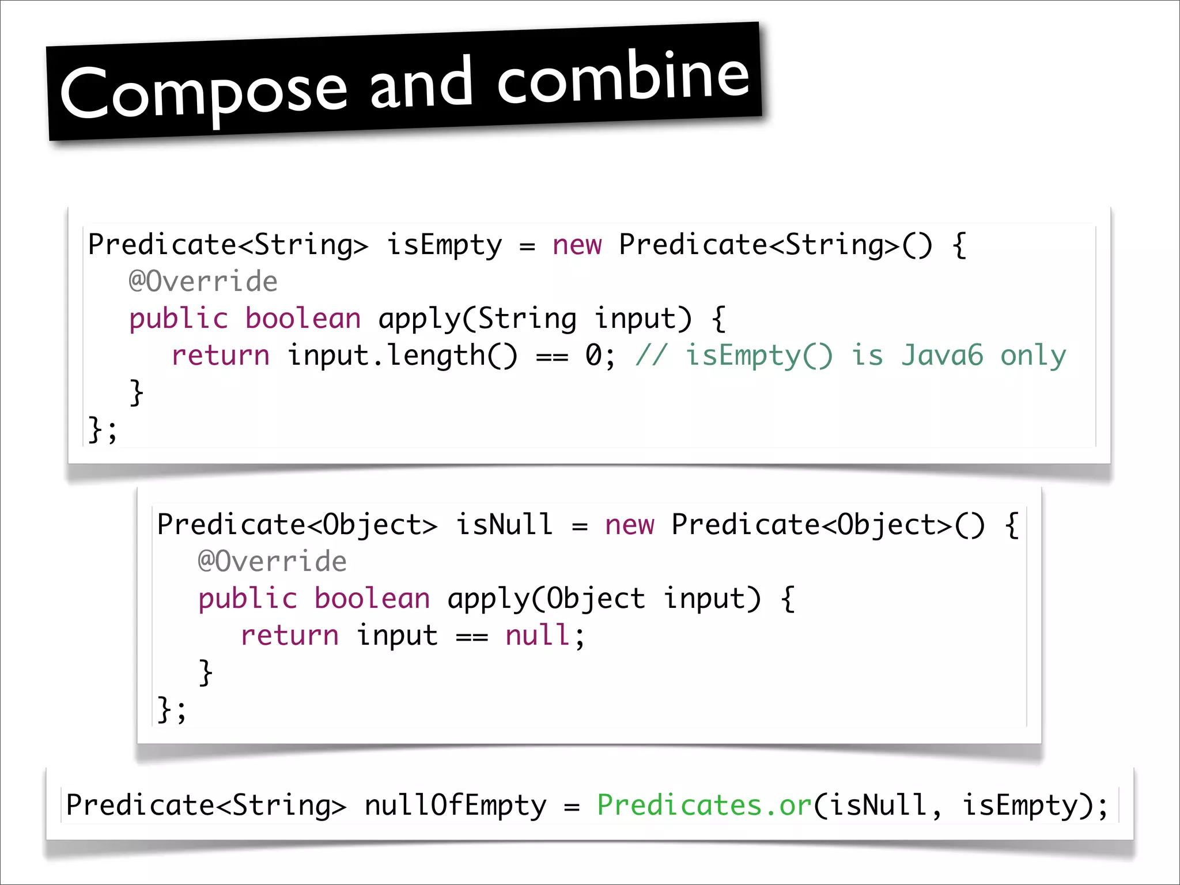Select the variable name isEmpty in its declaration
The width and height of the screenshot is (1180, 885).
point(444,245)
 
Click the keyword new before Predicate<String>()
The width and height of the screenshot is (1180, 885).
point(577,245)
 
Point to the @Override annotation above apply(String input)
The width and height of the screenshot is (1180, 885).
point(203,282)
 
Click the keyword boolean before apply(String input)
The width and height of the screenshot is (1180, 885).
point(303,319)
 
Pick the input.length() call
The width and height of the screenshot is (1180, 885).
point(402,355)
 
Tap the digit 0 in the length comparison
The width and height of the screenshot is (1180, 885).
point(593,355)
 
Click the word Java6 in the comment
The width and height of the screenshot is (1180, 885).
point(942,355)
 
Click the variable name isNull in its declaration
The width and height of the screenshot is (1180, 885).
point(504,525)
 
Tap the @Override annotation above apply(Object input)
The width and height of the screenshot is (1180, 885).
point(272,562)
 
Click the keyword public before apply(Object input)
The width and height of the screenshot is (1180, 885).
point(248,599)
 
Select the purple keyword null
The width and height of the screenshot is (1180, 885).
point(538,636)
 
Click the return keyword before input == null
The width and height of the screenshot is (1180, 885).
point(290,636)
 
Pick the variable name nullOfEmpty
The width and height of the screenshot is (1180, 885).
point(455,805)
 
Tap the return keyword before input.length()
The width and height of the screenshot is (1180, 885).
point(221,355)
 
